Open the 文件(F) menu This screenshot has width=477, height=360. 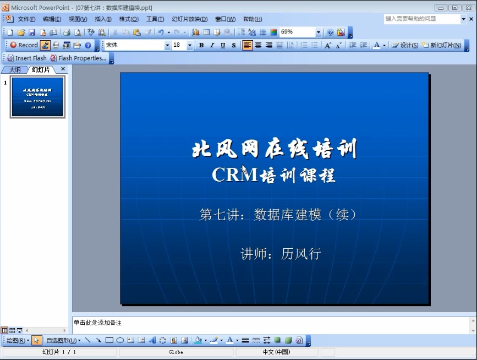[27, 19]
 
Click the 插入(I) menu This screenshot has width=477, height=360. [103, 19]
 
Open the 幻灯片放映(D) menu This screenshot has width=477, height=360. [189, 19]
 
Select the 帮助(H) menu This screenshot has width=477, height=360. [253, 19]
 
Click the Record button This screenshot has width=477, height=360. [24, 45]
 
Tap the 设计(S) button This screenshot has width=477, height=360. [405, 45]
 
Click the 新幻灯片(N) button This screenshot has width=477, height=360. [442, 45]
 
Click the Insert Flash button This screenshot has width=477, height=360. [27, 58]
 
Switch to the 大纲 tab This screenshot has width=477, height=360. [15, 69]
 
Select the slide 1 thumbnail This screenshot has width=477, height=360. [38, 97]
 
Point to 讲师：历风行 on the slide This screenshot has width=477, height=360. [281, 254]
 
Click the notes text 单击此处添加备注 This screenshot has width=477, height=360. [97, 323]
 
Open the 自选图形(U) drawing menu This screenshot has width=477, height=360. [62, 340]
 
